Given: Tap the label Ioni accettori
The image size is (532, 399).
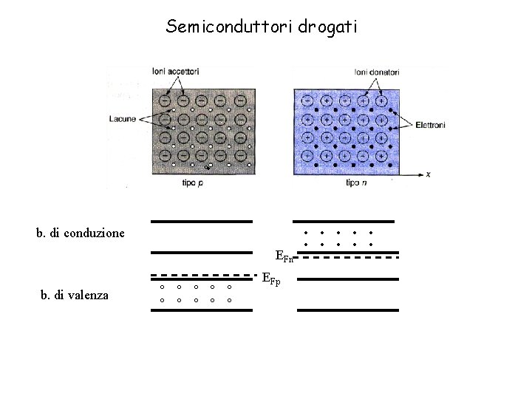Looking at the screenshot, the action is click(175, 72).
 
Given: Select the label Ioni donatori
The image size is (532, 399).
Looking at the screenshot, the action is click(378, 72).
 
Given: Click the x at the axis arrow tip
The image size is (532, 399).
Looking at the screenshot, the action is click(429, 174).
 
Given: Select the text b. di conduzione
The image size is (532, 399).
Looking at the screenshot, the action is click(81, 233).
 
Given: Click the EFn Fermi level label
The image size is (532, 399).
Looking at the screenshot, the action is click(284, 257).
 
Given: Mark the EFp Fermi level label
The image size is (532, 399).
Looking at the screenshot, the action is click(271, 279).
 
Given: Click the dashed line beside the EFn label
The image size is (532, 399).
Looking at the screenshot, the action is click(352, 259).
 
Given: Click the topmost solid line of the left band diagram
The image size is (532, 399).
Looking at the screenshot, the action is click(201, 222).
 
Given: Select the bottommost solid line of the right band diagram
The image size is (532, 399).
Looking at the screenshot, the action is click(347, 310).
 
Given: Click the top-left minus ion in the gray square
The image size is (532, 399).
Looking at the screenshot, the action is click(165, 100).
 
